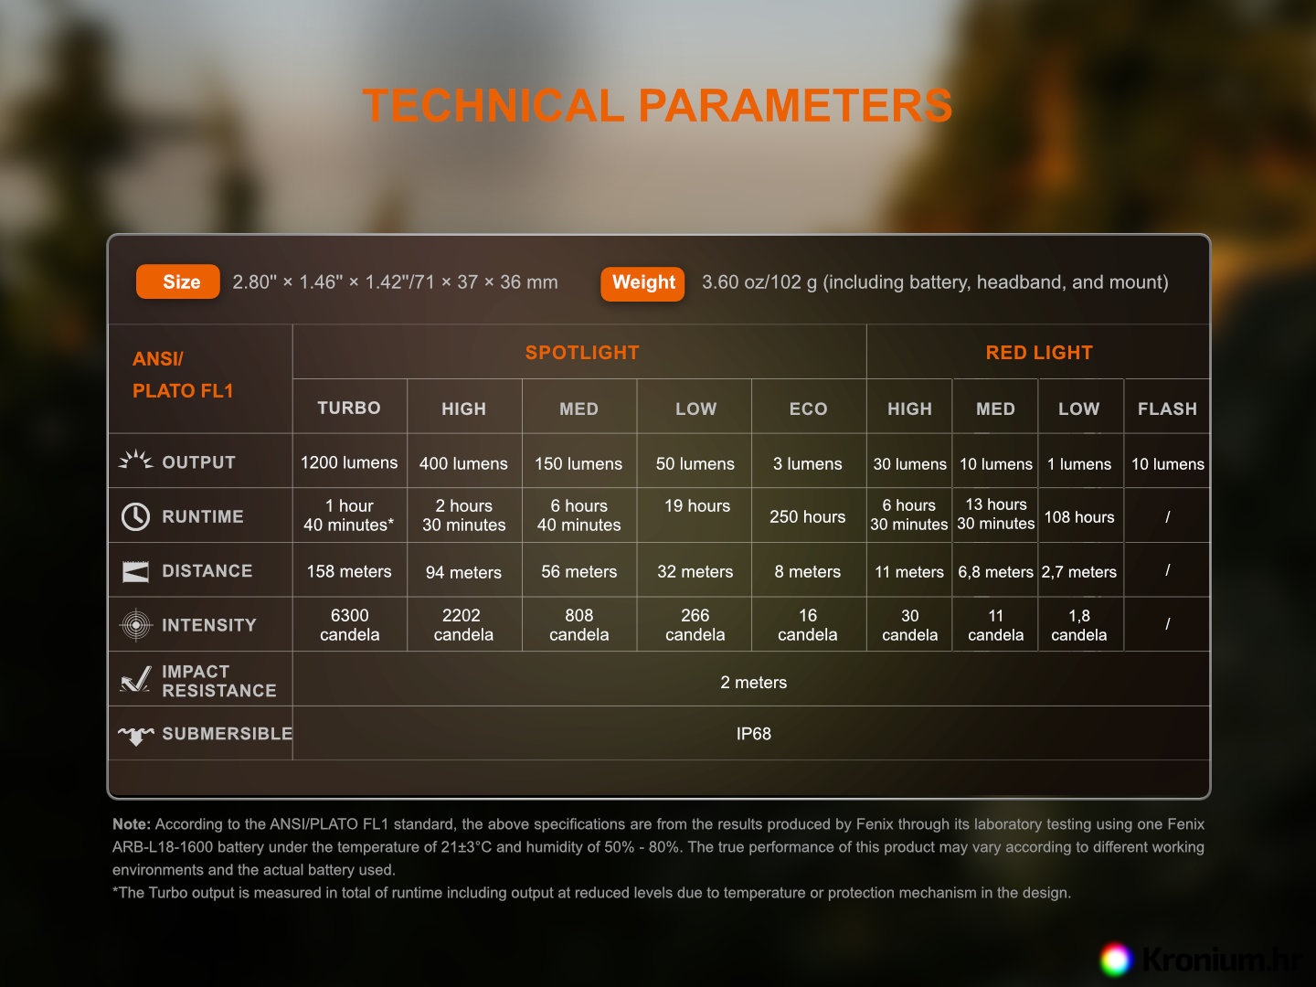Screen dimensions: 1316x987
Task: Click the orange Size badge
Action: (x=177, y=281)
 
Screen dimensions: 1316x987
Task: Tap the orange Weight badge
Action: (x=642, y=283)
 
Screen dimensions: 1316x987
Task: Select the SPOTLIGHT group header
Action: (x=582, y=353)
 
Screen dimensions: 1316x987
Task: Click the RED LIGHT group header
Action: (x=1039, y=353)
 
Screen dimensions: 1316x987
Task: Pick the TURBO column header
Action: (x=349, y=409)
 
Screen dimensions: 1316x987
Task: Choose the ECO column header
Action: (x=808, y=409)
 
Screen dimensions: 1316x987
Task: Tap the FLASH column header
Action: (x=1167, y=409)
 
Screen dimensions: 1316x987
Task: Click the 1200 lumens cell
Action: (x=349, y=462)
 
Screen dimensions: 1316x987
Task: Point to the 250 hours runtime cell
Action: (x=808, y=516)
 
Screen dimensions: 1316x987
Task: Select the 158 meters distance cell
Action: (x=349, y=571)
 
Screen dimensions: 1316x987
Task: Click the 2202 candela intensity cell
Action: (x=463, y=624)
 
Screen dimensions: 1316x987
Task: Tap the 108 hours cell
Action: (x=1079, y=516)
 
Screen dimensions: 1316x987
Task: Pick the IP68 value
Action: (x=754, y=734)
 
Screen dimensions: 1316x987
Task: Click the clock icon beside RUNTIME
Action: (x=135, y=516)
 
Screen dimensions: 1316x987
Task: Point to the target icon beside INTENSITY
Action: (x=136, y=624)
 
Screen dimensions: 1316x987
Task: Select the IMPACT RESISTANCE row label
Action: (x=219, y=681)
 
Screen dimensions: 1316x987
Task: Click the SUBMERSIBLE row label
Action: (x=228, y=734)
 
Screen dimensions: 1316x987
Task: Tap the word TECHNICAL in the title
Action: (x=493, y=105)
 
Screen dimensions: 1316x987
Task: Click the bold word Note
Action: (x=132, y=824)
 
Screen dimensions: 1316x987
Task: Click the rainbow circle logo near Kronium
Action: (x=1116, y=960)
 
